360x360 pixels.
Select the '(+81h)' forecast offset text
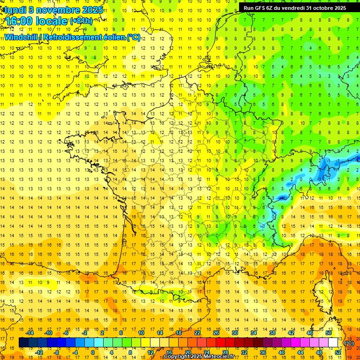point(81,21)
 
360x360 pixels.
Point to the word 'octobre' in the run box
point(318,8)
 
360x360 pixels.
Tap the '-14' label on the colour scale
point(30,333)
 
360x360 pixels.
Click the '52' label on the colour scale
point(337,352)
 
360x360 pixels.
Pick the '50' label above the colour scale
point(329,333)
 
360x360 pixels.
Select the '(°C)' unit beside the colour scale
point(349,343)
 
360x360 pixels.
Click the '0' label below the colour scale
point(92,352)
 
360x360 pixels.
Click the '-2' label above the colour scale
point(85,333)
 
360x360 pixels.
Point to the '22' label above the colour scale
point(197,333)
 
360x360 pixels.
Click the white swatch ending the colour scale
point(333,343)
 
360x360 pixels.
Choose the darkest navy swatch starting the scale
point(23,343)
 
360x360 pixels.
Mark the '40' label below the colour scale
point(281,352)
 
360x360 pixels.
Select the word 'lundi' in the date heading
point(15,9)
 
